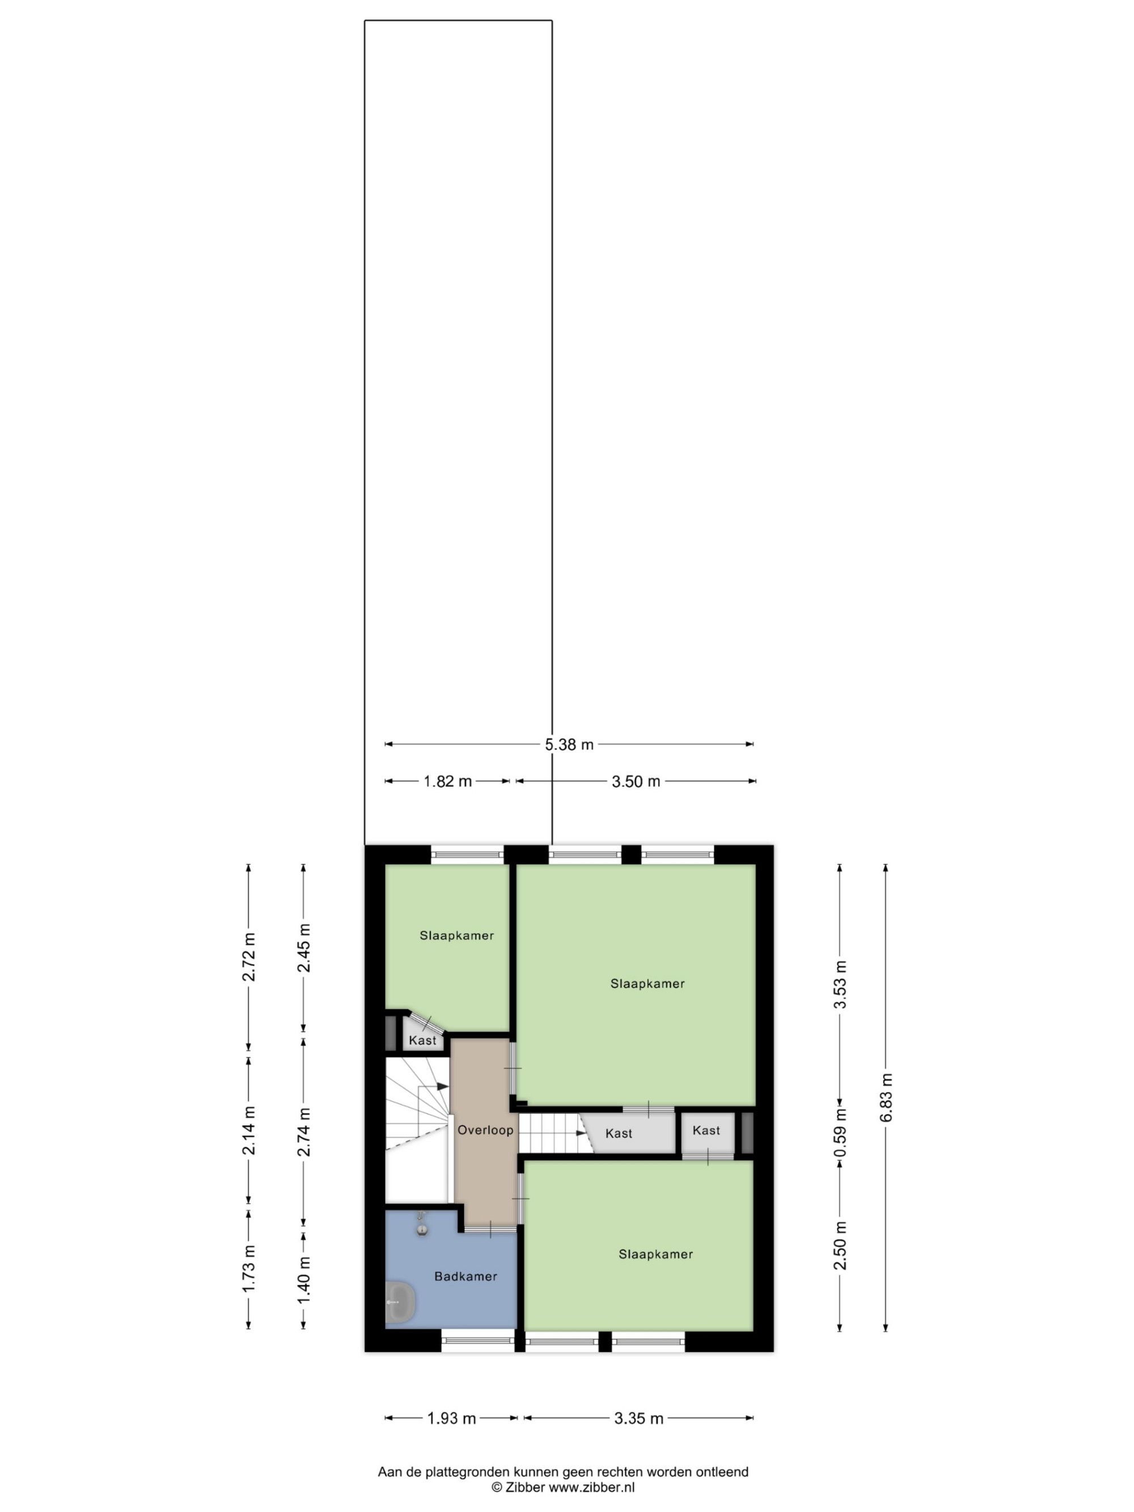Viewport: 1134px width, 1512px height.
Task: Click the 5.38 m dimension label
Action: point(569,744)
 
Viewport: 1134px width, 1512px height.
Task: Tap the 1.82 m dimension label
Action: point(448,781)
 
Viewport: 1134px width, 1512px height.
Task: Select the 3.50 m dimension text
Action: point(636,781)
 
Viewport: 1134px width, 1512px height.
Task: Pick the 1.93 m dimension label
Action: point(451,1418)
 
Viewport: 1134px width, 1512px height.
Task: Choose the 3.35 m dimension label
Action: point(638,1418)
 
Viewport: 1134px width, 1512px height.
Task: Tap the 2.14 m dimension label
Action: point(249,1130)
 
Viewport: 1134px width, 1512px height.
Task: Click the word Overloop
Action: point(485,1130)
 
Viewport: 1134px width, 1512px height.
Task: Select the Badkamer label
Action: point(466,1276)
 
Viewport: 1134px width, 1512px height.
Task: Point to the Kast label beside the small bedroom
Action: point(422,1040)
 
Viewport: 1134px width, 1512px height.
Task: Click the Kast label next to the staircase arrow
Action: point(619,1133)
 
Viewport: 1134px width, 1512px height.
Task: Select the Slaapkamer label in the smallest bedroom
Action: point(456,936)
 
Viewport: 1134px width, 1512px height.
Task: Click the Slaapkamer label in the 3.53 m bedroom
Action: point(648,984)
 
